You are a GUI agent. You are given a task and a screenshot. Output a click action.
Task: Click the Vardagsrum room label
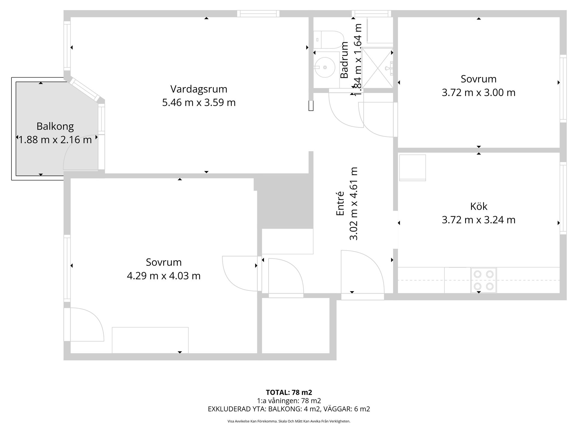(199, 89)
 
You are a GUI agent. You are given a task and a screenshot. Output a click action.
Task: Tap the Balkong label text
(55, 126)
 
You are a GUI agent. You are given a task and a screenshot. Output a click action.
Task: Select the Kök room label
(479, 206)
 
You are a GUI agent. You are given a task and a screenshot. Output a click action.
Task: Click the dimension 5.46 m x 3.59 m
(199, 103)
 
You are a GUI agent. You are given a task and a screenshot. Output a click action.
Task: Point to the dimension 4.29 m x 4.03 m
(163, 276)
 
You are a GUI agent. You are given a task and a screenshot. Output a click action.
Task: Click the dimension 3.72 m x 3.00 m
(479, 92)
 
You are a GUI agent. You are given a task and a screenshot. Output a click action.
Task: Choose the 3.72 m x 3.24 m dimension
(479, 220)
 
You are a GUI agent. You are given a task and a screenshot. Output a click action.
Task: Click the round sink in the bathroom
(325, 67)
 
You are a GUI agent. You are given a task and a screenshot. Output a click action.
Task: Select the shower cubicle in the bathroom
(378, 68)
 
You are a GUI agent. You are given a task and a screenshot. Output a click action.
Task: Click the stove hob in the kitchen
(484, 280)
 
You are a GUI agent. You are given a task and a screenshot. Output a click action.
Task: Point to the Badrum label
(344, 60)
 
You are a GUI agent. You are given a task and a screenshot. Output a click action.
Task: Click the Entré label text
(340, 204)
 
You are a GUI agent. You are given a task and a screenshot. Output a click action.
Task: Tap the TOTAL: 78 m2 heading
(289, 392)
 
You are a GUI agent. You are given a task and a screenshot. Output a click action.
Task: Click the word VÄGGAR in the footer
(340, 409)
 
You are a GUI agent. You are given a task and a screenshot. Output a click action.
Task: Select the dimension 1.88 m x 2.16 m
(55, 140)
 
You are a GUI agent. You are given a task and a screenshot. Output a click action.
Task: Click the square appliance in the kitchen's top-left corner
(412, 168)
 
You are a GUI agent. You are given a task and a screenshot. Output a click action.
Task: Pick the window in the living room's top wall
(258, 14)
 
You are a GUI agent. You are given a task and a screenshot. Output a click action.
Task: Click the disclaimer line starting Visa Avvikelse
(289, 421)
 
